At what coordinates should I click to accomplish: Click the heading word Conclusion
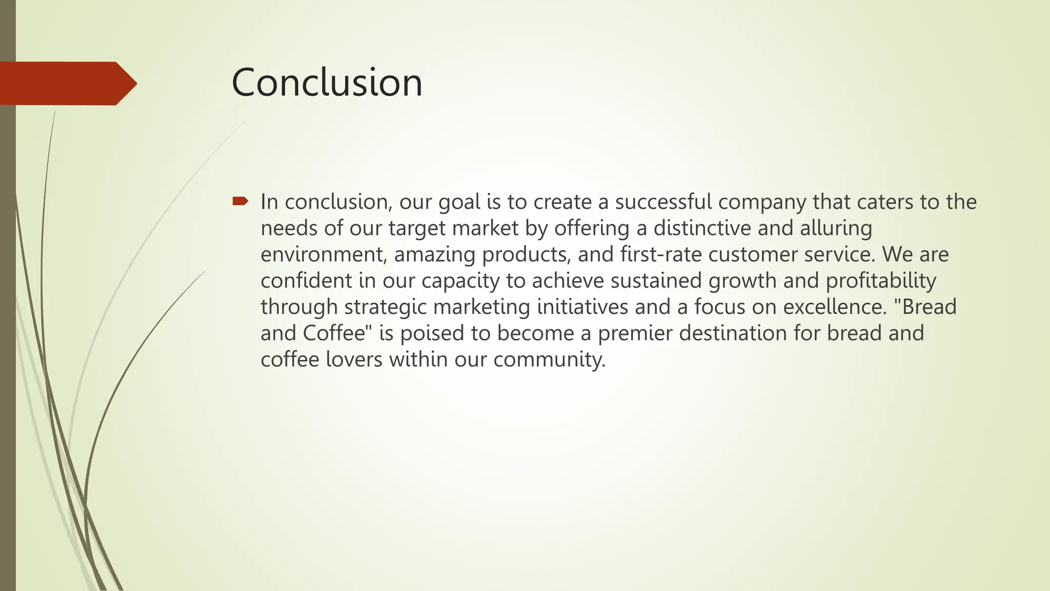pyautogui.click(x=327, y=83)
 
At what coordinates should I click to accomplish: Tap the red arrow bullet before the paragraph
pyautogui.click(x=240, y=201)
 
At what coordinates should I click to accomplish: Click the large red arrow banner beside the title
pyautogui.click(x=67, y=83)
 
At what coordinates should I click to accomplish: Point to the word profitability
pyautogui.click(x=881, y=281)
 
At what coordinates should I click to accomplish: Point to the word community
pyautogui.click(x=549, y=359)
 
